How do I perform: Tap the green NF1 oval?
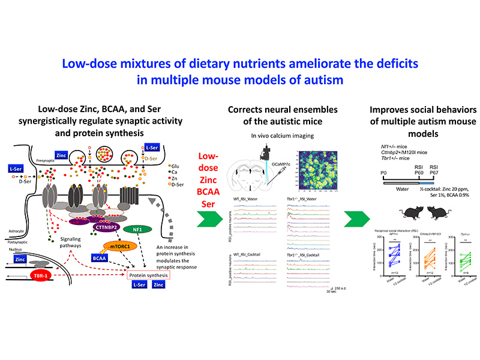[142, 229]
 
